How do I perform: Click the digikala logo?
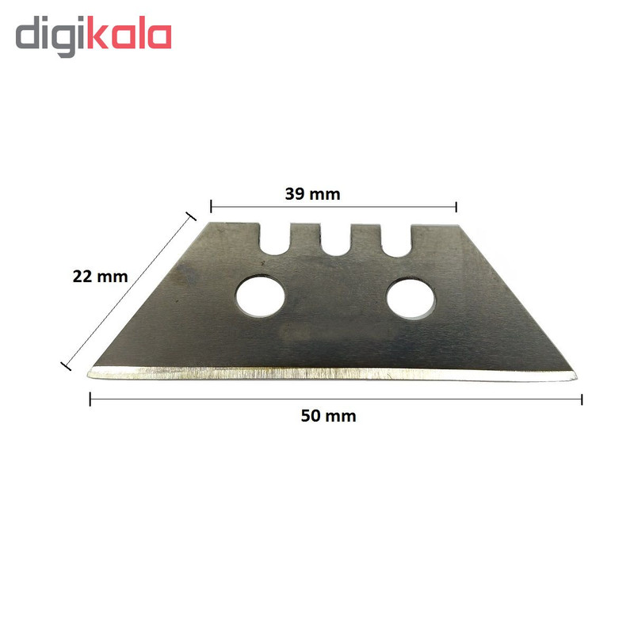(x=94, y=36)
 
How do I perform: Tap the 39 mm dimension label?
(x=312, y=194)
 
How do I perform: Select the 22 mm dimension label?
(x=101, y=277)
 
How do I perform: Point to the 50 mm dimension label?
(x=328, y=416)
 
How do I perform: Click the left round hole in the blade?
(x=260, y=296)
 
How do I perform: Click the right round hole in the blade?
(x=411, y=298)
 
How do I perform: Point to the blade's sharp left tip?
(x=88, y=375)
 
